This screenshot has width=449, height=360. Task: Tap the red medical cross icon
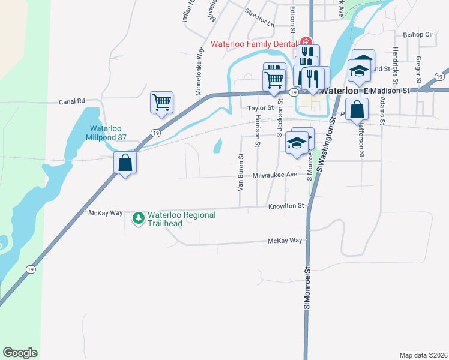tap(306, 43)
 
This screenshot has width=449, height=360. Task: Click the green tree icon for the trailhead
tap(139, 217)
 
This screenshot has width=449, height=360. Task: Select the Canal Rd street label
tap(72, 101)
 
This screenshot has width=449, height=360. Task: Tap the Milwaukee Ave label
tap(275, 175)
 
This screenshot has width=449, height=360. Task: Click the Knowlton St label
tap(287, 206)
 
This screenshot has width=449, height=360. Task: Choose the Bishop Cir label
tap(418, 35)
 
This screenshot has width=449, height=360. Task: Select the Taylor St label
tap(261, 108)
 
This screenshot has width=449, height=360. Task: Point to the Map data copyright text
tap(423, 355)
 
